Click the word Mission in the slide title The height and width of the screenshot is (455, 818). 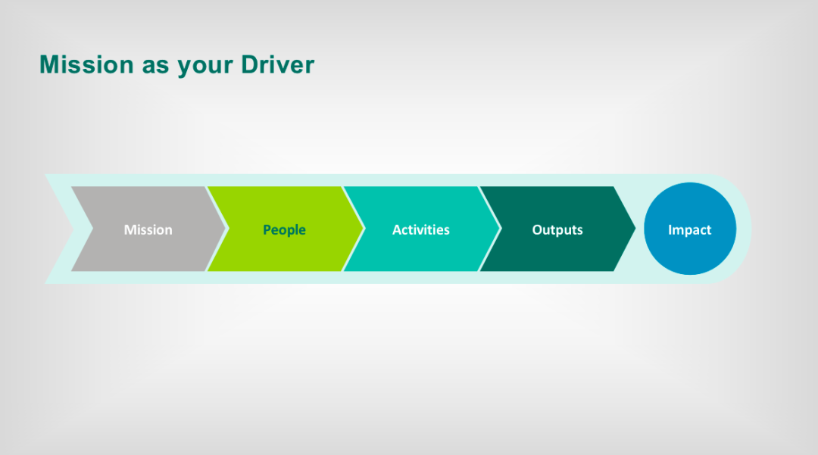coord(86,64)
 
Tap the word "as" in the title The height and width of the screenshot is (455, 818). coord(155,67)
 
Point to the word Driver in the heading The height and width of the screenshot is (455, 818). coord(277,64)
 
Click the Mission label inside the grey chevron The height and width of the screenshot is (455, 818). coord(148,230)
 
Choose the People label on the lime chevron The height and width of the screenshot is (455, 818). coord(284,230)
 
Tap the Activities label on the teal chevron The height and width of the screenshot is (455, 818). coord(421,230)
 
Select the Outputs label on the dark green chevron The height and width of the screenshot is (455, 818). coord(557,230)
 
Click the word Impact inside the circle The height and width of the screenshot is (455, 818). coord(690,230)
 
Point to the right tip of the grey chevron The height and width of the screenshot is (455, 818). coord(226,229)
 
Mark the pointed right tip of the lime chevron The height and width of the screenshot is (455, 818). coord(364,229)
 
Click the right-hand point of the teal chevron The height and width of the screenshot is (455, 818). coord(500,229)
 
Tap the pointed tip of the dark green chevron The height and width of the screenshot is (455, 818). coord(635,229)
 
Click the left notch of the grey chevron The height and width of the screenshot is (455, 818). coord(93,229)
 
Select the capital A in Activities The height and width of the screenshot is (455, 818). coord(397,230)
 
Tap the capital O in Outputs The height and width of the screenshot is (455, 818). coord(537,230)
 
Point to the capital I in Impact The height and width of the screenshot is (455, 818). coord(670,230)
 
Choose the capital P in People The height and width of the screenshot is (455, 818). coord(267,230)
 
